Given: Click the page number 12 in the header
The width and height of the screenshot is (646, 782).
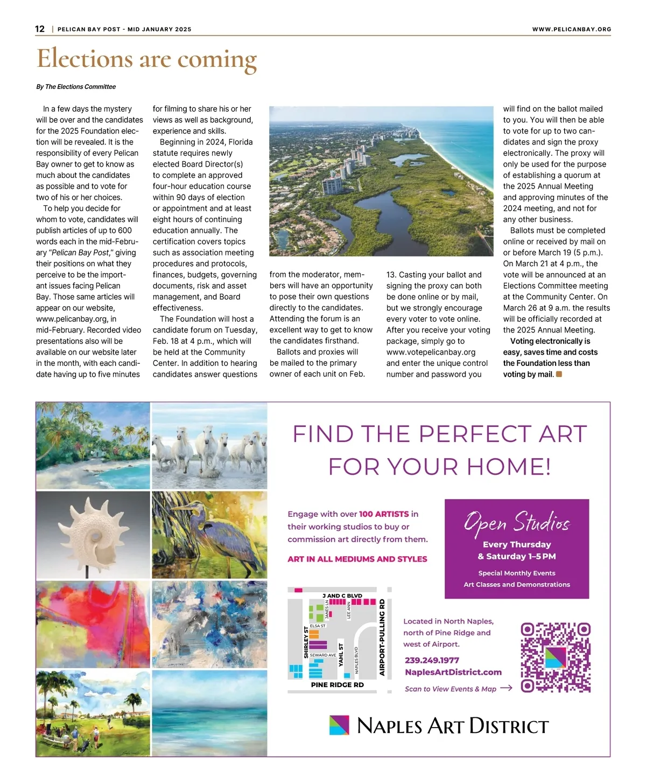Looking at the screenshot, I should point(40,29).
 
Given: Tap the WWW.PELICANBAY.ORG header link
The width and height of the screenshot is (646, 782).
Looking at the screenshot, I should point(571,29).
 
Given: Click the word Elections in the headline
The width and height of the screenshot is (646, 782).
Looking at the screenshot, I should point(85,58).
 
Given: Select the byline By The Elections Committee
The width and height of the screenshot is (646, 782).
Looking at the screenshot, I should point(76,87).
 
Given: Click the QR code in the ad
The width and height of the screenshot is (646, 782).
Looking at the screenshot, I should point(556,658).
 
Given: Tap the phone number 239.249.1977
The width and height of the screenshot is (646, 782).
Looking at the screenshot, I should point(432,660).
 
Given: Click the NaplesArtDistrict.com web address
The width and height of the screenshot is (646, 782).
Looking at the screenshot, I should point(453,672).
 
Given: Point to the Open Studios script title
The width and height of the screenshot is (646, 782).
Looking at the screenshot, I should point(516,522).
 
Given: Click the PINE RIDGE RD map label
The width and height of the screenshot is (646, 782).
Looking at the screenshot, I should point(338,685).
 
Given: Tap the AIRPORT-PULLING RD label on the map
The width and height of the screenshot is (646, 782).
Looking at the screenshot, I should point(382,637).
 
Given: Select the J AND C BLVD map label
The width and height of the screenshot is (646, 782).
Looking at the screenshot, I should point(342,596).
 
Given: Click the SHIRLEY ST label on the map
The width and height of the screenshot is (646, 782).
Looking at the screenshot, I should point(306,642).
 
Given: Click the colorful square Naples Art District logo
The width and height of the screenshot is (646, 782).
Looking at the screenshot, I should point(339,725).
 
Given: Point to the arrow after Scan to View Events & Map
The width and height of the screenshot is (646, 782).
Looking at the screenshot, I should point(506,688).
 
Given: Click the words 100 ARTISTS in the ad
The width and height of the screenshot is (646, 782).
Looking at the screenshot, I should point(384,514).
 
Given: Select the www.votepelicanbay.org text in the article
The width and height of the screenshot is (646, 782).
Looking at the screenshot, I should point(431,352).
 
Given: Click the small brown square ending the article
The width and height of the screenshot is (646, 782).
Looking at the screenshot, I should point(559,374).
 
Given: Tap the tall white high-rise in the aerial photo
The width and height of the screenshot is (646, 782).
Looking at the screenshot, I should point(332,184).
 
